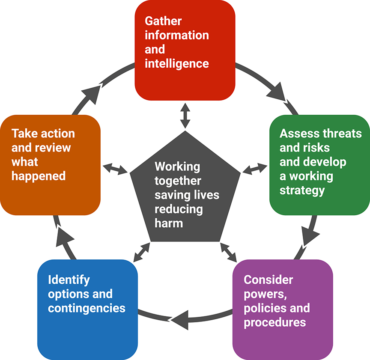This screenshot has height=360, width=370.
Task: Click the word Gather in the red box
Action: [x=163, y=21]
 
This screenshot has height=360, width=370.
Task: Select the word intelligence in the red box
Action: [x=177, y=64]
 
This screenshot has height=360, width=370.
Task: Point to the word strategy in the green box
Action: [x=302, y=190]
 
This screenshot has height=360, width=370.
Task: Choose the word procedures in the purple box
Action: [x=275, y=322]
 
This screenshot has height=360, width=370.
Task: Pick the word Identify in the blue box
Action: [x=69, y=280]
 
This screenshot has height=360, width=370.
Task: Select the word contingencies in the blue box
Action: [x=87, y=308]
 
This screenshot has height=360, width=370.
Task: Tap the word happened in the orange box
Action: [x=39, y=176]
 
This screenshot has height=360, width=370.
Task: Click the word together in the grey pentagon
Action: [x=178, y=181]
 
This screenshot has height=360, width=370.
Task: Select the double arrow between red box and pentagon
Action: [x=185, y=115]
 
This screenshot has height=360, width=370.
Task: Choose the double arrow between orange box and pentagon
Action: [x=116, y=168]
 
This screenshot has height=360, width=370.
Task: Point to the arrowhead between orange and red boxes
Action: [x=90, y=92]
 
